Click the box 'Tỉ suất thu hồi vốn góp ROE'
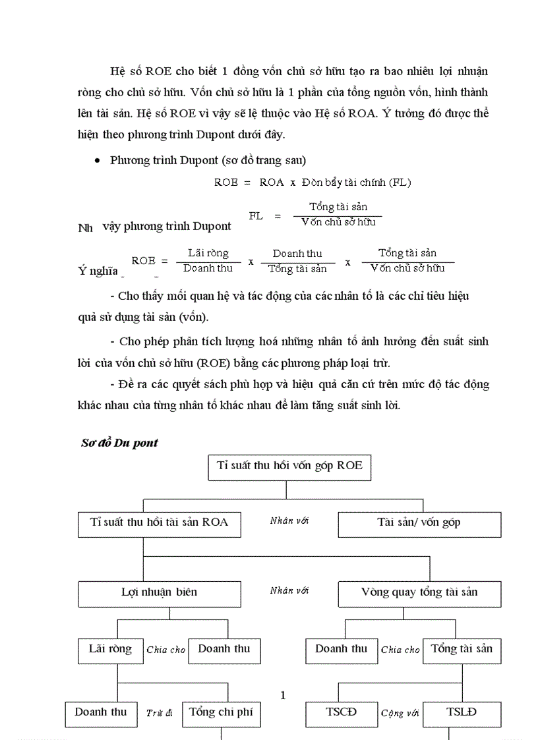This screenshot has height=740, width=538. tap(289, 467)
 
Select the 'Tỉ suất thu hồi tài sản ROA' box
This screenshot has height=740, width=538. tap(159, 523)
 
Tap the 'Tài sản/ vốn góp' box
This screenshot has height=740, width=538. tap(419, 524)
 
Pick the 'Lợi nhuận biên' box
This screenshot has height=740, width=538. tap(159, 593)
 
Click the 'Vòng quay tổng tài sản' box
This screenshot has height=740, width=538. tap(419, 593)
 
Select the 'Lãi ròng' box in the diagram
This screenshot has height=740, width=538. tap(110, 650)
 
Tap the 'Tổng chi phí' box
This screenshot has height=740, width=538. tap(220, 713)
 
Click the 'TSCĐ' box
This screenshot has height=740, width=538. tap(340, 713)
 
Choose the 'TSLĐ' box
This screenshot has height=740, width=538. tap(462, 713)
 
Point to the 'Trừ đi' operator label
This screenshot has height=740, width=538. tap(160, 713)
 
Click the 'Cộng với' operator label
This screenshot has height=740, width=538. tap(400, 713)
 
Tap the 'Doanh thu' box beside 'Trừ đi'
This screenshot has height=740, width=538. tap(101, 713)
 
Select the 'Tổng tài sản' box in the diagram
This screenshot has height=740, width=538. tap(462, 650)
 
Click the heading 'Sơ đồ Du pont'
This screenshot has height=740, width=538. tap(119, 443)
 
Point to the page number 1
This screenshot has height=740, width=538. tap(283, 695)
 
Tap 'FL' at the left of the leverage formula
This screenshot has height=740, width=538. tap(256, 215)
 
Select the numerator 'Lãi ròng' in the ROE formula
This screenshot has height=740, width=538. tap(208, 253)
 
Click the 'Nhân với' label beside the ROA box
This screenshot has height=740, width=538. tap(289, 521)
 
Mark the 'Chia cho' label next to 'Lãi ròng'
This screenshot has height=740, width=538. tap(166, 650)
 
